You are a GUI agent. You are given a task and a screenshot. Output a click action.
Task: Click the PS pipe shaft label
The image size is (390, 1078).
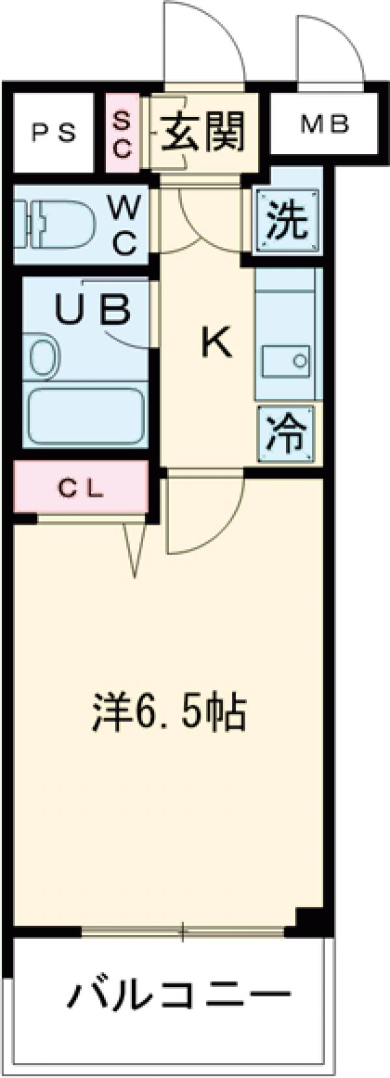click(55, 133)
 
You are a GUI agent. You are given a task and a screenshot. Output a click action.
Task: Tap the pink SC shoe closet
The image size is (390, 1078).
click(123, 133)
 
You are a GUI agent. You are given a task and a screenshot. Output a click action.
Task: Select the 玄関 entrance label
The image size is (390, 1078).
click(203, 132)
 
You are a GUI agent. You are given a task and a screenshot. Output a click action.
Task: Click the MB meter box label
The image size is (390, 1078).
click(324, 123)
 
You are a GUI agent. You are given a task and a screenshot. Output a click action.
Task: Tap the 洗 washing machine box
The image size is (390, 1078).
click(287, 221)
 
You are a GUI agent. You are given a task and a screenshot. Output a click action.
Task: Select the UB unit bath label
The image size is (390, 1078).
click(92, 310)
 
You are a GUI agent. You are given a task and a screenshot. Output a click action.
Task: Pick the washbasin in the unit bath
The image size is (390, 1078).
click(44, 357)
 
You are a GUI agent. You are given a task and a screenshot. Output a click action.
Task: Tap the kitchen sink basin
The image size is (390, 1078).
click(287, 360)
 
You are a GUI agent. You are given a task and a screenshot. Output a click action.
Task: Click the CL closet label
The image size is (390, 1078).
click(83, 490)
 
